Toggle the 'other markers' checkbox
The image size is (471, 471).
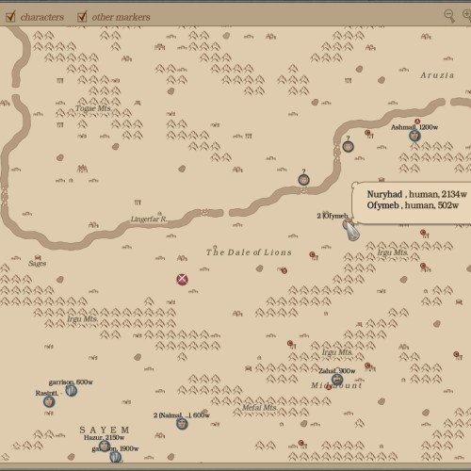click(83, 16)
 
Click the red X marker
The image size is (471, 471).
click(183, 278)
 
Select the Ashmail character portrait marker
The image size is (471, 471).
click(414, 136)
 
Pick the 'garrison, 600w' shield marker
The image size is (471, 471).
click(72, 390)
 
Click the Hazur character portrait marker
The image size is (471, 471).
click(105, 446)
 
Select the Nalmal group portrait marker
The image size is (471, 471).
click(182, 423)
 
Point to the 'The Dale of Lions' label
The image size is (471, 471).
click(249, 252)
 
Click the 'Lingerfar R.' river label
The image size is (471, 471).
click(149, 219)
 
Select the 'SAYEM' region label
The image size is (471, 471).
click(104, 429)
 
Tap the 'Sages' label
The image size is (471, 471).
click(38, 264)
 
